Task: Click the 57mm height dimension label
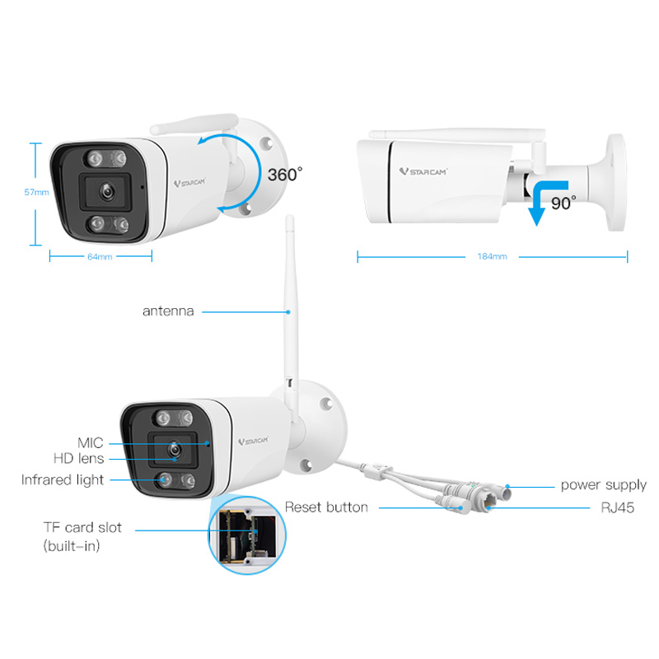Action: click(36, 193)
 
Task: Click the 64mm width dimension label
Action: click(100, 256)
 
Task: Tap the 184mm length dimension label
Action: click(492, 256)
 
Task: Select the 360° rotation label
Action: click(285, 175)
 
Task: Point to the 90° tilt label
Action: click(563, 203)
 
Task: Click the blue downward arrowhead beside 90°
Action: click(536, 217)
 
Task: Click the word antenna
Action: click(168, 311)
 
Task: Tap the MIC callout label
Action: click(91, 442)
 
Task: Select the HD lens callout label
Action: click(78, 458)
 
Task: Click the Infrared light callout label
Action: click(63, 479)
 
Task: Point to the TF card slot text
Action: click(82, 527)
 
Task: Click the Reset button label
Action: click(326, 507)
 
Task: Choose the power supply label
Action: click(604, 485)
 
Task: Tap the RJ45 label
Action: click(617, 507)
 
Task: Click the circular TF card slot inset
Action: click(247, 535)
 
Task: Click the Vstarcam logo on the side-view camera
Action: click(423, 171)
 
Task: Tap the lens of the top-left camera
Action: click(107, 191)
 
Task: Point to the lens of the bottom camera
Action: click(175, 450)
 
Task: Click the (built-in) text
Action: click(72, 546)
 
